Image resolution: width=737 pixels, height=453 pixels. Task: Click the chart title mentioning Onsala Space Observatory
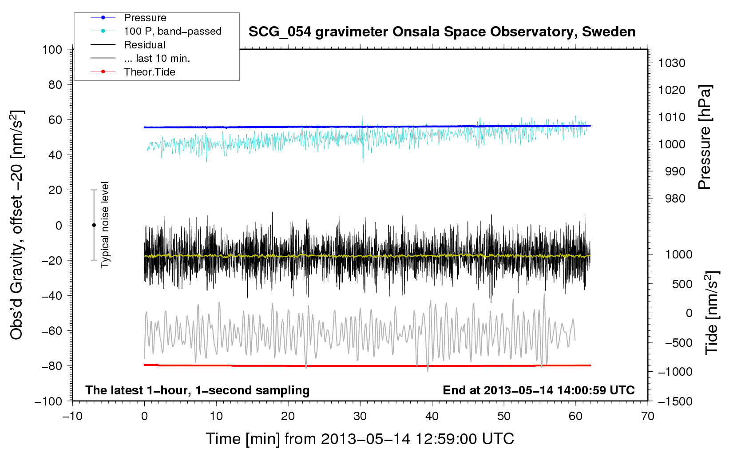click(442, 32)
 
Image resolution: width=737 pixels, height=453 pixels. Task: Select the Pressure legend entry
click(145, 18)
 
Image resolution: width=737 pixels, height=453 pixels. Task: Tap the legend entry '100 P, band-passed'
click(172, 31)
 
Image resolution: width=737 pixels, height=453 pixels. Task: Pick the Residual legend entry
click(144, 45)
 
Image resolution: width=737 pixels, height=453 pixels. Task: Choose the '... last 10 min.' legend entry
click(156, 58)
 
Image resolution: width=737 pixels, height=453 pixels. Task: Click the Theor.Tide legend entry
click(149, 72)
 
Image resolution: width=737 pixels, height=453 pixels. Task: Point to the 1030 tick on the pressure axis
click(671, 63)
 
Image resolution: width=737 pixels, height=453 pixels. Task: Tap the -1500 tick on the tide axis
click(675, 401)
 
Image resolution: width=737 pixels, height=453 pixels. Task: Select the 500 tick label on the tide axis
click(682, 284)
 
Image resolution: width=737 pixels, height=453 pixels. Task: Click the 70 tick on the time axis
click(647, 416)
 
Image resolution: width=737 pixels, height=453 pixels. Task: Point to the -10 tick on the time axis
click(72, 416)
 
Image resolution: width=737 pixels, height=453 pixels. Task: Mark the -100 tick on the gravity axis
click(49, 401)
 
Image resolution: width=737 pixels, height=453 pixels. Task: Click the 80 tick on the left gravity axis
click(55, 84)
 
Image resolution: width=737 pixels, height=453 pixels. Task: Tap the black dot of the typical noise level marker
click(94, 225)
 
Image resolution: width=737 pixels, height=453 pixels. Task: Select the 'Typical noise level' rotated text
click(105, 225)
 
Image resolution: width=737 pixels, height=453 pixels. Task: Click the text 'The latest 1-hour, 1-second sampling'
click(197, 390)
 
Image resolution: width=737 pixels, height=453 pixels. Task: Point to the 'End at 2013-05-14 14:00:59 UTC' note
click(539, 390)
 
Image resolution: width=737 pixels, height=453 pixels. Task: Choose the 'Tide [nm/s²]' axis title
click(711, 313)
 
